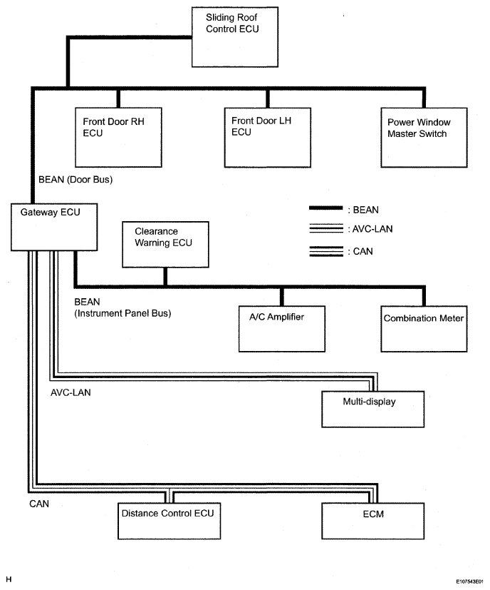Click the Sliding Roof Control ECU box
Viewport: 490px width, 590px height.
pos(235,37)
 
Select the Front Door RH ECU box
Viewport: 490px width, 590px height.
pos(118,138)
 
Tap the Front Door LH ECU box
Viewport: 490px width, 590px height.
pos(268,138)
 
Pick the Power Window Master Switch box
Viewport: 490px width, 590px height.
pos(424,138)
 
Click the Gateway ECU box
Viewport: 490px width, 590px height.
pos(54,227)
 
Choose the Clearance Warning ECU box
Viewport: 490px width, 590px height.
pos(165,244)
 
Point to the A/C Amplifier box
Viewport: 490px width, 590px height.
pos(282,329)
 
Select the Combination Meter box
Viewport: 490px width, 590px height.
pos(424,329)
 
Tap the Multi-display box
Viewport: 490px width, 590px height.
pos(372,409)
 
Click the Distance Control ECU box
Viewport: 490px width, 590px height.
pos(169,521)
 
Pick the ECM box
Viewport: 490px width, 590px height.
pos(372,521)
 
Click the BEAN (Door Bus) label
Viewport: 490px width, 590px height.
pos(75,180)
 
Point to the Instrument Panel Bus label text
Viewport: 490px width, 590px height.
pos(123,313)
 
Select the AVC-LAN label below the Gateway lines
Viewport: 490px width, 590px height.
pos(71,392)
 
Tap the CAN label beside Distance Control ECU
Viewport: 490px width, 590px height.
pos(39,504)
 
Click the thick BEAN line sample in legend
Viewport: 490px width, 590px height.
pos(325,208)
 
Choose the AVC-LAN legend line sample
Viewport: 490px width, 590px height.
pos(326,228)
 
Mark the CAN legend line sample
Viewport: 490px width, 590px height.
pos(326,251)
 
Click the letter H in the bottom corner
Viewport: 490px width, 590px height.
pos(9,579)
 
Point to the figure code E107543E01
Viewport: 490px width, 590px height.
pos(469,581)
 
